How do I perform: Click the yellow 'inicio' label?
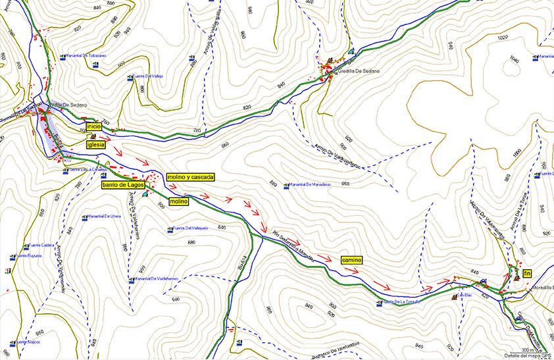[93, 125]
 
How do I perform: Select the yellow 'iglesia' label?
[96, 143]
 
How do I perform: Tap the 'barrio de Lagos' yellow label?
[122, 186]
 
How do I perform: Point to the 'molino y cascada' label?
[189, 177]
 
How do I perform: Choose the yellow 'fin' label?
[527, 272]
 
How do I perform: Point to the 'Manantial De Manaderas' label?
[318, 186]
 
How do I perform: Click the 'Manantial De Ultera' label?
[104, 216]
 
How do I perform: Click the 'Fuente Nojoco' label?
[29, 342]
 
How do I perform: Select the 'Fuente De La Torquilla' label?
[401, 302]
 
